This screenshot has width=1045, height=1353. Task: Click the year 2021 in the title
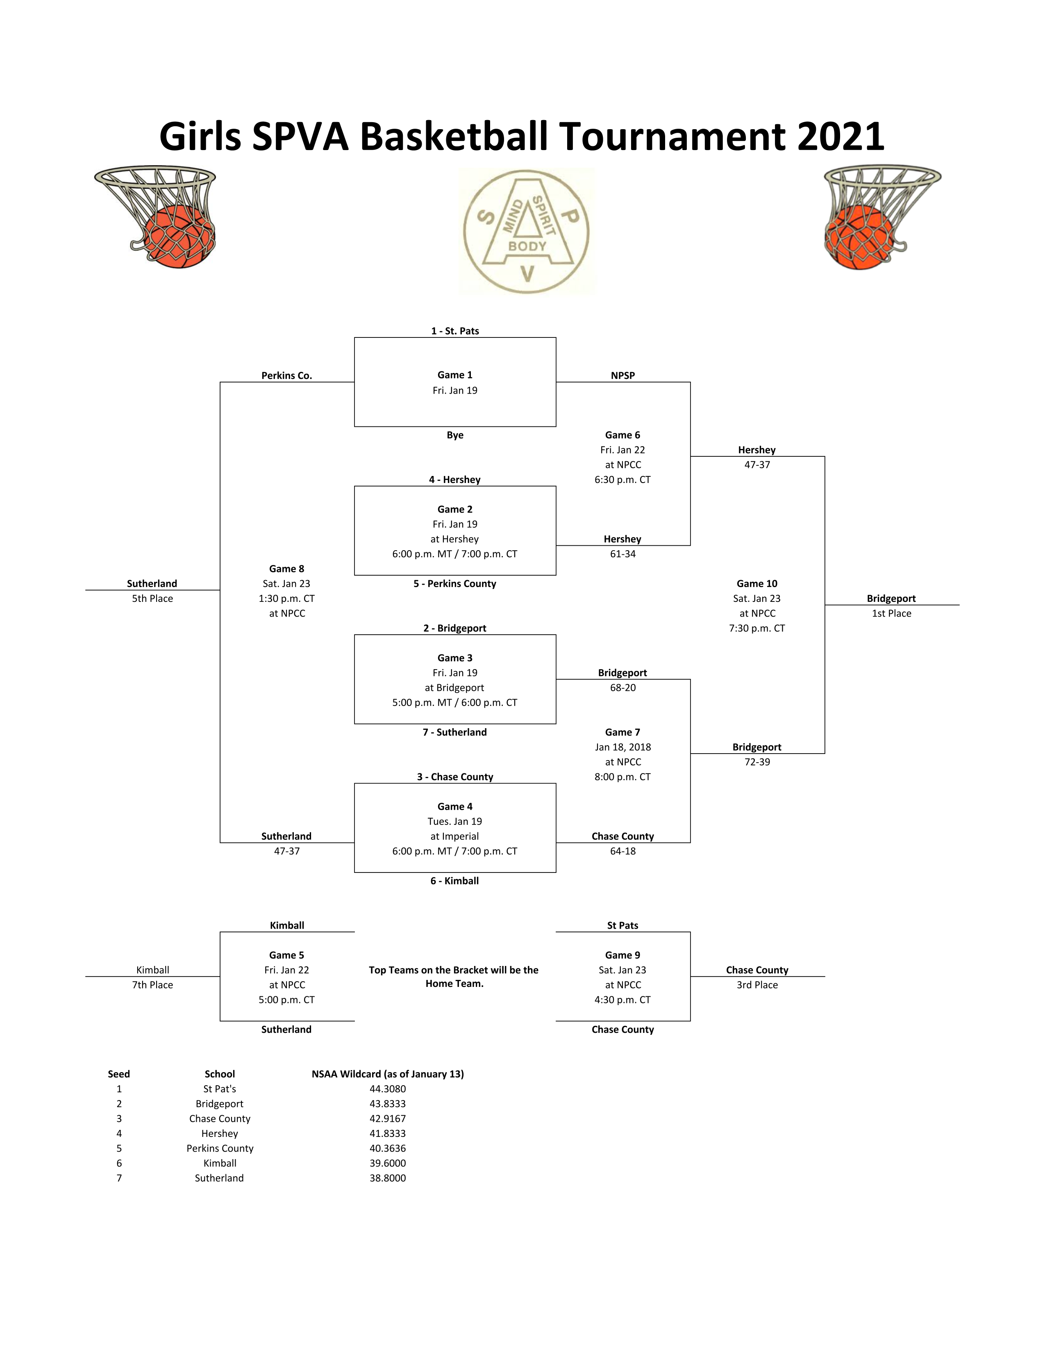840,136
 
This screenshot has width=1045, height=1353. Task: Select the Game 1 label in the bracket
454,375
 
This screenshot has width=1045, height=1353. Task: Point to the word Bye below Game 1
454,435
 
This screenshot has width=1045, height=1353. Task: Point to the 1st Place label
891,613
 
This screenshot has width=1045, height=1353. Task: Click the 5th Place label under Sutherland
152,599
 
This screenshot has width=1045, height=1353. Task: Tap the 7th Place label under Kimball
152,985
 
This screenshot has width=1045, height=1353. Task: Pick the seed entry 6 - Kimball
454,881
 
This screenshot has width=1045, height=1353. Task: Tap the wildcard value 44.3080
388,1089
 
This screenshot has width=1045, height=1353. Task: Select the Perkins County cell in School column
220,1148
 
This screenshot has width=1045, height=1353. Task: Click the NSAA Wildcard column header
388,1074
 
